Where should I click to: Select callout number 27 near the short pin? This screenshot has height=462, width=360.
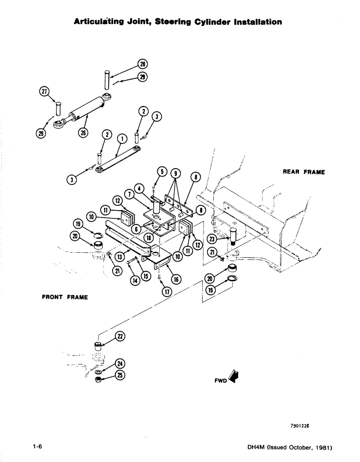click(x=45, y=91)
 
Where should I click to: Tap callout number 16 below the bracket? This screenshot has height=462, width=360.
click(x=176, y=279)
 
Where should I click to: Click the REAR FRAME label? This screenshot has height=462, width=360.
click(x=303, y=172)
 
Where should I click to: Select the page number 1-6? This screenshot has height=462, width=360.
click(x=37, y=447)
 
